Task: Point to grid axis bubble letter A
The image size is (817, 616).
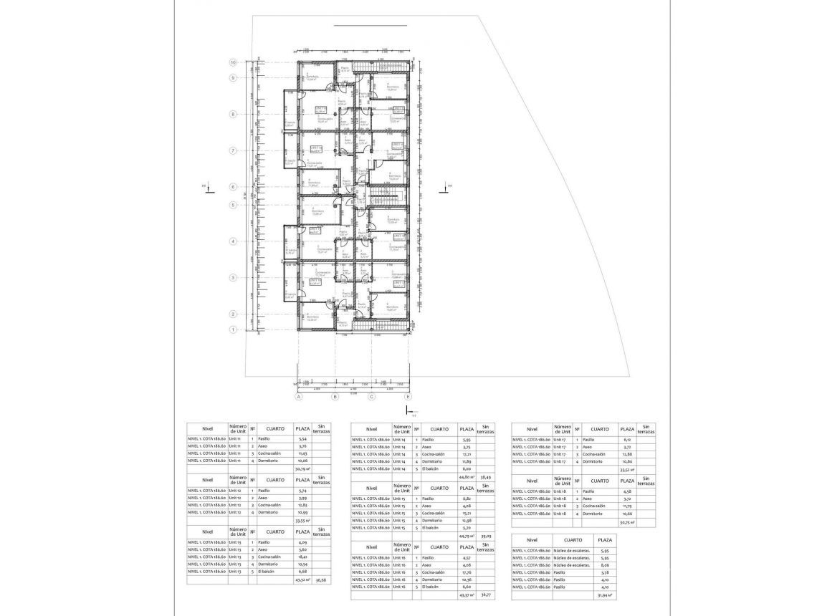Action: pyautogui.click(x=297, y=396)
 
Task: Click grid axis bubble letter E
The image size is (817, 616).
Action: pyautogui.click(x=408, y=396)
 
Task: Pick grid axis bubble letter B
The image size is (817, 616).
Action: pyautogui.click(x=334, y=396)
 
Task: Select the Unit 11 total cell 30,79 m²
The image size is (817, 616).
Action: pyautogui.click(x=302, y=468)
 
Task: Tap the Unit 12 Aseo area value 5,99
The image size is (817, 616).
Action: pyautogui.click(x=302, y=497)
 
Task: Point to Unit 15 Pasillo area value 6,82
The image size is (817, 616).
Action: pyautogui.click(x=467, y=498)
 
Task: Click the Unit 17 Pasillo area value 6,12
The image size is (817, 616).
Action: pyautogui.click(x=627, y=439)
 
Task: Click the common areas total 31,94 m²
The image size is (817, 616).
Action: pyautogui.click(x=604, y=595)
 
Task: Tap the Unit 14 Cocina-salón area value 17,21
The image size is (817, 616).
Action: pyautogui.click(x=467, y=453)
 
